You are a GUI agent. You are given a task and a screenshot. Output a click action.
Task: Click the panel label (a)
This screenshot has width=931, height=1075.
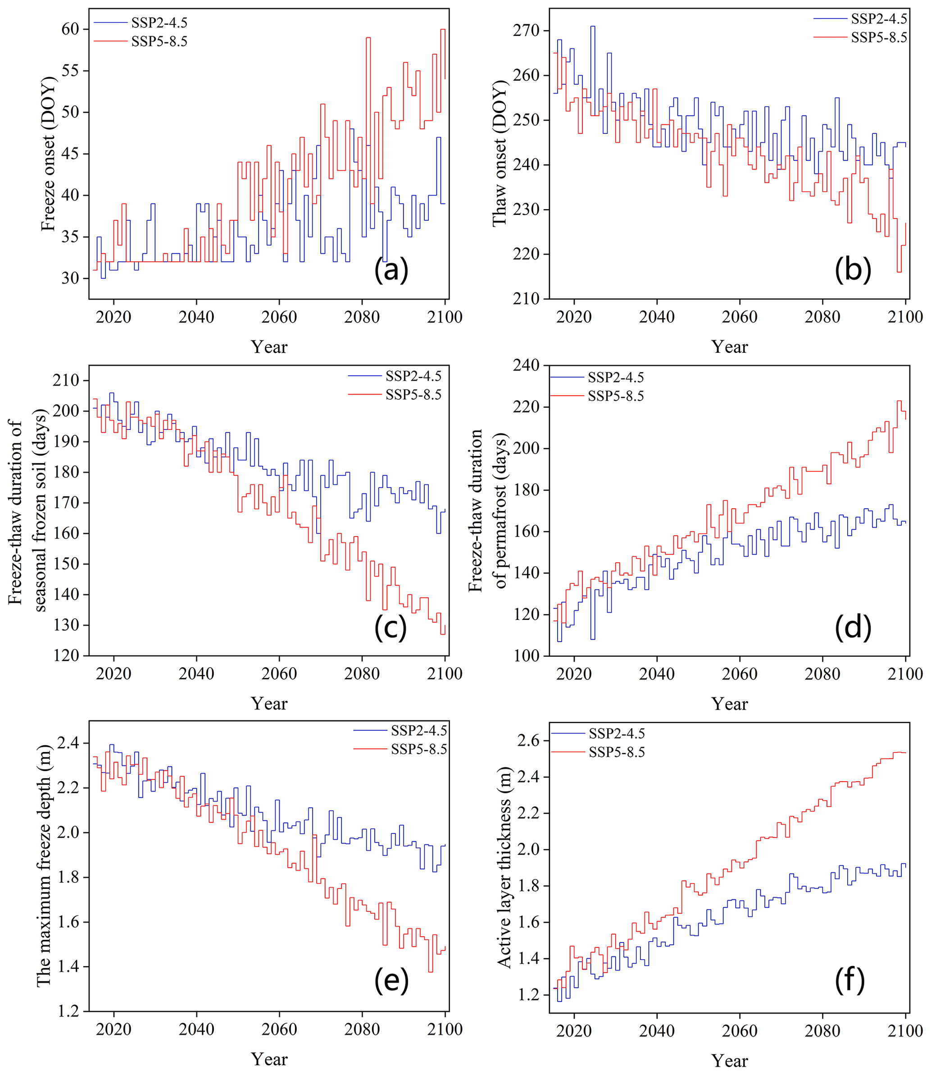point(391,270)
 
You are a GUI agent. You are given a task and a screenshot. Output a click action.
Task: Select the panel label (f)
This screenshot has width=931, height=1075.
point(850,980)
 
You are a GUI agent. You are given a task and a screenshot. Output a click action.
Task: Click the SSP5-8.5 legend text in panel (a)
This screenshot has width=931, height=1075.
point(159,41)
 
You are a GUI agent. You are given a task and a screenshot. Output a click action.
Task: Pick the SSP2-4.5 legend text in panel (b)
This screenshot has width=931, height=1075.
point(879,19)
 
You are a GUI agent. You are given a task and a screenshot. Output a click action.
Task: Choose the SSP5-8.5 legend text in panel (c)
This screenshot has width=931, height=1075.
point(413,395)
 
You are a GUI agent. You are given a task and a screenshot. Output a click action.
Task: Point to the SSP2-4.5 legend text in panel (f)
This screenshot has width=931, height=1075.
point(617,733)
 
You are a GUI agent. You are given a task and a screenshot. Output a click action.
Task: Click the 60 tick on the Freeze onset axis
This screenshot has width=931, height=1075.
point(70,29)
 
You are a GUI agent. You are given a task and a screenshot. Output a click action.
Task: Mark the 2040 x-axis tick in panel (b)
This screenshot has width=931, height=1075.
point(657,317)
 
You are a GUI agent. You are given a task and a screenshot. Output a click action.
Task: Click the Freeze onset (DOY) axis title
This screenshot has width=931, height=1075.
point(48,154)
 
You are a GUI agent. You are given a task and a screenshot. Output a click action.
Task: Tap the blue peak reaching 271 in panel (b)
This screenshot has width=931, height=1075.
point(593,27)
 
